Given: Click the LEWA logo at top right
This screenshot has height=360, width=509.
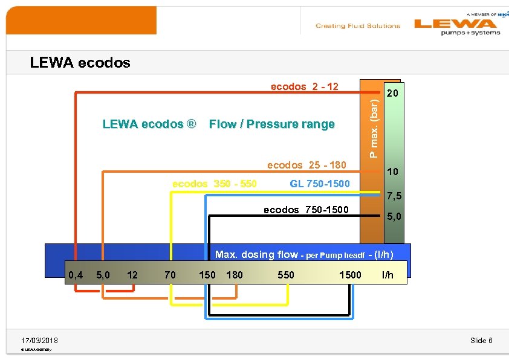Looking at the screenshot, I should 457,25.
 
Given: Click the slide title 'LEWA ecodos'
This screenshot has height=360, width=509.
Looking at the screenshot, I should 80,63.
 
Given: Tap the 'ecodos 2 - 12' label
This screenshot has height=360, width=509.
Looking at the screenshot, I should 304,86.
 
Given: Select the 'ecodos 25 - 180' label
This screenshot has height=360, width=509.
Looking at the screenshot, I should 306,166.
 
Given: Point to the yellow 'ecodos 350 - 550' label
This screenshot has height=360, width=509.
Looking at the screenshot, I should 215,183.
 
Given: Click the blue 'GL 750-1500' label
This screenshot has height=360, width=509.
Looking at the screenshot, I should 320,183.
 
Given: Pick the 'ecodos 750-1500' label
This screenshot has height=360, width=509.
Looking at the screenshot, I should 306,210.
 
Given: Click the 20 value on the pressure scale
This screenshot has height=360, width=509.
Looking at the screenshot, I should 392,94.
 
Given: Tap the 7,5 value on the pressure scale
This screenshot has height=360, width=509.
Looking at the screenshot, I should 394,196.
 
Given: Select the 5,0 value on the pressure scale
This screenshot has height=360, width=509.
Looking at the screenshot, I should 394,216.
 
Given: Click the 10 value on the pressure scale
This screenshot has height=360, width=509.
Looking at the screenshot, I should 392,172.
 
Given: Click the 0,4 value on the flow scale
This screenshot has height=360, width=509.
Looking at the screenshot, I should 76,275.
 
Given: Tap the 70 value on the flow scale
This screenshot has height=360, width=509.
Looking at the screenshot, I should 170,275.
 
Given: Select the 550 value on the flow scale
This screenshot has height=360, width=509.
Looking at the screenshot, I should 285,275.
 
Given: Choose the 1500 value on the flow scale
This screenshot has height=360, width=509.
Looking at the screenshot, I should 350,275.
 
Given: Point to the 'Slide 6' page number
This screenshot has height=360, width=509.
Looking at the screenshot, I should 481,341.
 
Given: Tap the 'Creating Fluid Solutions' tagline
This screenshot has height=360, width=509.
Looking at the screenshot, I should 357,26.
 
